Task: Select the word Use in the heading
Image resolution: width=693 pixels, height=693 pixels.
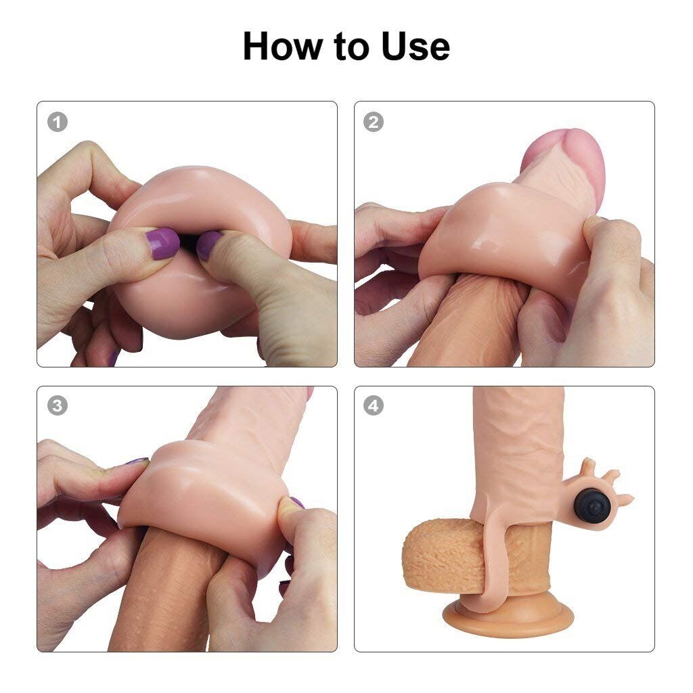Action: tap(415, 46)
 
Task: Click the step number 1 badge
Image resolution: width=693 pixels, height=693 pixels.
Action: tap(58, 122)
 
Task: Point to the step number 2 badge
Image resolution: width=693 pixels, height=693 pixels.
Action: tap(373, 122)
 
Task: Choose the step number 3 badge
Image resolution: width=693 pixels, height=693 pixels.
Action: tap(58, 406)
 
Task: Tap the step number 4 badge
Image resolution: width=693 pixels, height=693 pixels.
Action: tap(373, 406)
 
